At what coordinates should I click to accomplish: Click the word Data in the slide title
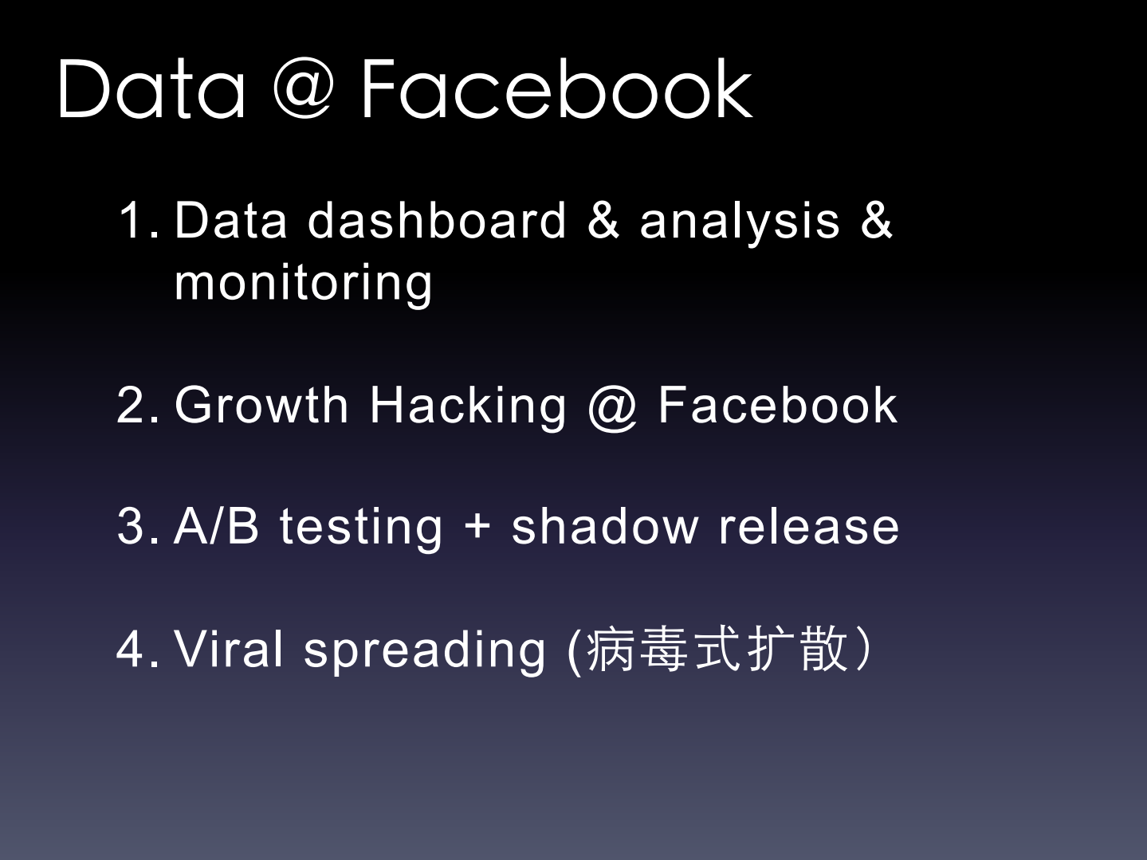point(151,89)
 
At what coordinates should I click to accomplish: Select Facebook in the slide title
point(557,89)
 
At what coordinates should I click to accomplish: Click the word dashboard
point(437,220)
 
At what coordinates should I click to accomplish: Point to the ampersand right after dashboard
point(603,220)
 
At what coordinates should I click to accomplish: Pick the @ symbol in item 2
point(612,407)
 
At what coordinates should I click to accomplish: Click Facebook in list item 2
point(778,404)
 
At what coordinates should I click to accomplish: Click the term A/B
point(216,525)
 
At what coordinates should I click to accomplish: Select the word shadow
point(605,525)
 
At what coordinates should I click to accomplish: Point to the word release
point(809,525)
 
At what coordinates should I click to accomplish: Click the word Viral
point(228,649)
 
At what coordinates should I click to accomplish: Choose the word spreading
point(425,652)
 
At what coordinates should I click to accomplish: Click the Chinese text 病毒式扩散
point(718,649)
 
